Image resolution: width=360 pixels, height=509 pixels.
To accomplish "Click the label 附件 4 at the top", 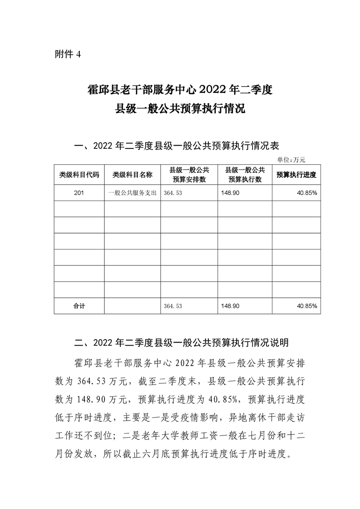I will click(x=67, y=54).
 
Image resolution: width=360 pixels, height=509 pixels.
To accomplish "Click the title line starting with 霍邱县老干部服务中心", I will click(x=179, y=89).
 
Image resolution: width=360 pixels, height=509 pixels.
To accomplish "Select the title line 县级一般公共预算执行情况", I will click(x=180, y=110).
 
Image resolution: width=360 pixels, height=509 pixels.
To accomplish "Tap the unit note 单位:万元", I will click(x=291, y=159).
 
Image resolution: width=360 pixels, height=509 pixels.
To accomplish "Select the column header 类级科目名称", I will click(x=132, y=174).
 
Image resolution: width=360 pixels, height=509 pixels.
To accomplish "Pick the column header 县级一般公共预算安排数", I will click(x=189, y=174).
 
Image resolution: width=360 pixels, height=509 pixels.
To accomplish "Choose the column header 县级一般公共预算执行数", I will click(x=245, y=174).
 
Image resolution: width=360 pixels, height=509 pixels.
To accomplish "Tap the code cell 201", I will click(x=79, y=193).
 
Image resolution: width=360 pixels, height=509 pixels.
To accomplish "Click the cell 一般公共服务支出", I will click(x=132, y=193).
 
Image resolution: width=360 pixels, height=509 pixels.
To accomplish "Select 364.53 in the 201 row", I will click(x=173, y=193).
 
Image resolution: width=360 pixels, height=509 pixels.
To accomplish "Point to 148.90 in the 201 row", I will click(x=229, y=193).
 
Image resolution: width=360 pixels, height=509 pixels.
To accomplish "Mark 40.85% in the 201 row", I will click(x=307, y=193).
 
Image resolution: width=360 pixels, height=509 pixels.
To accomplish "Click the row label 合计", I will click(x=79, y=306).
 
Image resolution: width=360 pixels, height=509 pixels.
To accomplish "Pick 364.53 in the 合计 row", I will click(x=173, y=306).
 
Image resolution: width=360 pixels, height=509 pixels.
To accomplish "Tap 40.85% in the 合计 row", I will click(x=307, y=306).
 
